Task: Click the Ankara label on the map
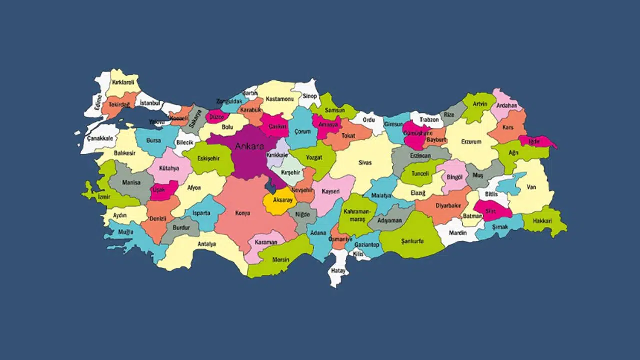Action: point(249,146)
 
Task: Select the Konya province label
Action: point(243,213)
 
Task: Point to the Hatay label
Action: point(339,270)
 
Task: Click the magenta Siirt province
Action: point(491,211)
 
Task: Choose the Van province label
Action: point(531,187)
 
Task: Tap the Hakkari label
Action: point(542,221)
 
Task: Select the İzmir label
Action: point(104,197)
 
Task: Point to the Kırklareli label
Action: point(123,82)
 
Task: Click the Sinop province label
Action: point(310,96)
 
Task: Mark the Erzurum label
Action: point(471,142)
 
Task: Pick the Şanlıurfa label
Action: point(412,241)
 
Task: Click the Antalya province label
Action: point(207,244)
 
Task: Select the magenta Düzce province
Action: point(217,117)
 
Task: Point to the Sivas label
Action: point(365,163)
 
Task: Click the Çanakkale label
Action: point(100,138)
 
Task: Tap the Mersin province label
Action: point(281,260)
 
